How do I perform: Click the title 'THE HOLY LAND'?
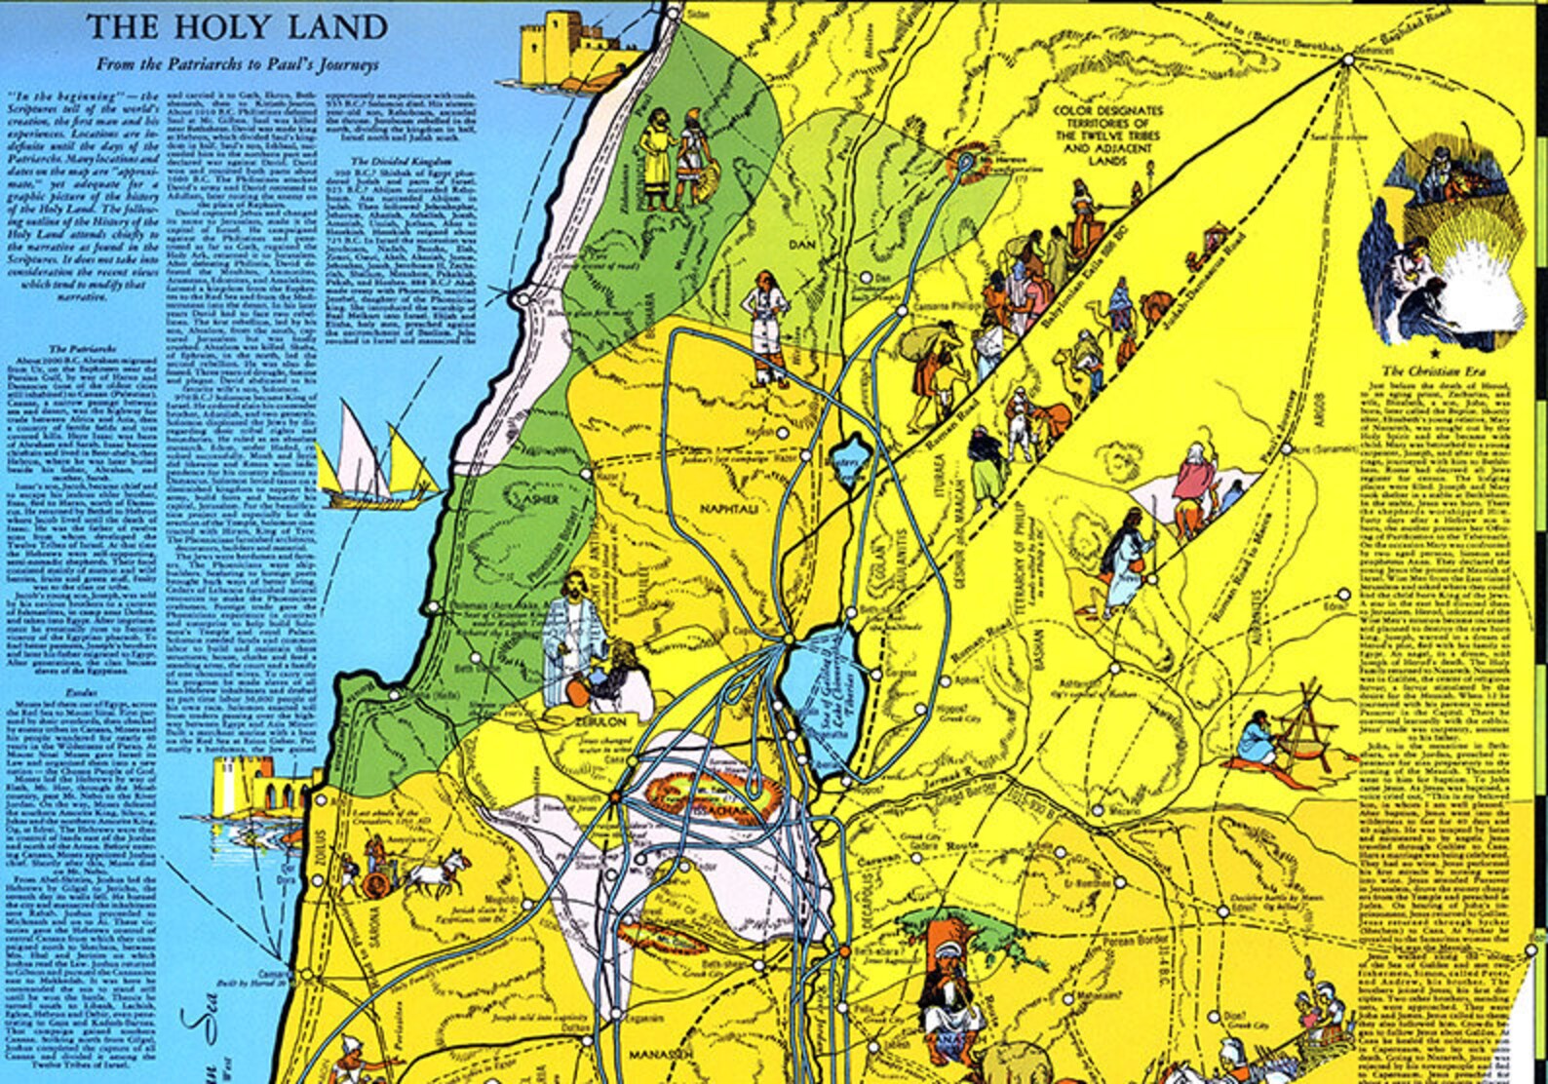tap(237, 27)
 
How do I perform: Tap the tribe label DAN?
tap(802, 243)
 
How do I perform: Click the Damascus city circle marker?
tap(1348, 60)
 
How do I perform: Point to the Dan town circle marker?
tap(864, 278)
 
